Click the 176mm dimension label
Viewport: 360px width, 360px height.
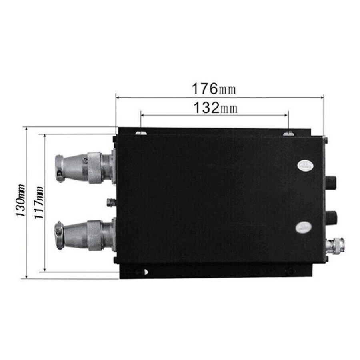pyautogui.click(x=214, y=89)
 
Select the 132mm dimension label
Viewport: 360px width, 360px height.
pyautogui.click(x=215, y=108)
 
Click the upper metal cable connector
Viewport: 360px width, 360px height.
pyautogui.click(x=84, y=168)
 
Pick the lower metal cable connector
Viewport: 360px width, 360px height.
pyautogui.click(x=84, y=235)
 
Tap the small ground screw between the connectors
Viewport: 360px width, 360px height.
pyautogui.click(x=111, y=202)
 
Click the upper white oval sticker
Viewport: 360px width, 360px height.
pyautogui.click(x=306, y=165)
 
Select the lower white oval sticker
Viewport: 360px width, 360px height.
pyautogui.click(x=304, y=227)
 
